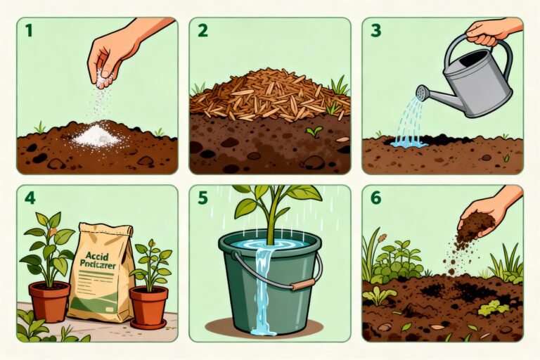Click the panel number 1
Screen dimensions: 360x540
click(x=28, y=30)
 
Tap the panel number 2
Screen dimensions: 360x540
click(x=202, y=30)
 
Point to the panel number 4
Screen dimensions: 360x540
click(x=30, y=198)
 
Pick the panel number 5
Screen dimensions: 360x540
click(x=202, y=198)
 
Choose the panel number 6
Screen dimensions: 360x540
click(x=375, y=198)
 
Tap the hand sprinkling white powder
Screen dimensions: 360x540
click(x=112, y=56)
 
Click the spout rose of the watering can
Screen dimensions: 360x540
click(x=422, y=92)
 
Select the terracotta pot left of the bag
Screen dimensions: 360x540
click(x=50, y=301)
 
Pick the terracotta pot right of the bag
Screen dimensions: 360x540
click(x=149, y=307)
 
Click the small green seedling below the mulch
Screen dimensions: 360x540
click(x=314, y=130)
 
